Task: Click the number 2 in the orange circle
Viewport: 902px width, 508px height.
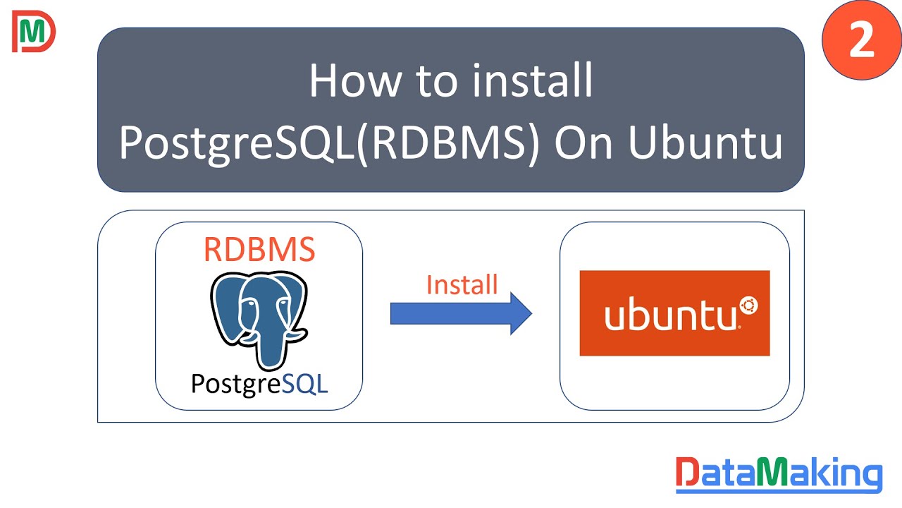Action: pyautogui.click(x=861, y=41)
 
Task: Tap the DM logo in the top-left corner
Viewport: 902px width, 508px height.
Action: pyautogui.click(x=33, y=32)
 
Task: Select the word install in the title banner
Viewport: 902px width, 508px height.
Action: pyautogui.click(x=533, y=81)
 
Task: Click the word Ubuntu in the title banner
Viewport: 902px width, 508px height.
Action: pyautogui.click(x=704, y=143)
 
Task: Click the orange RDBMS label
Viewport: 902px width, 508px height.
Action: pyautogui.click(x=259, y=249)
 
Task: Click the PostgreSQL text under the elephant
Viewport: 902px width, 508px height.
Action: pyautogui.click(x=259, y=383)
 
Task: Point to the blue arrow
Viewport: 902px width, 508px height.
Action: pyautogui.click(x=461, y=313)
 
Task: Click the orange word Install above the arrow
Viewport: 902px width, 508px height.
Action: pyautogui.click(x=462, y=284)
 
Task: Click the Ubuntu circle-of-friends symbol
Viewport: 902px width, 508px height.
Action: pyautogui.click(x=748, y=306)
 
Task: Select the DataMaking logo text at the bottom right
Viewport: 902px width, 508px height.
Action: pyautogui.click(x=779, y=475)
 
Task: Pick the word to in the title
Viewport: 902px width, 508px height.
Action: pyautogui.click(x=435, y=81)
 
